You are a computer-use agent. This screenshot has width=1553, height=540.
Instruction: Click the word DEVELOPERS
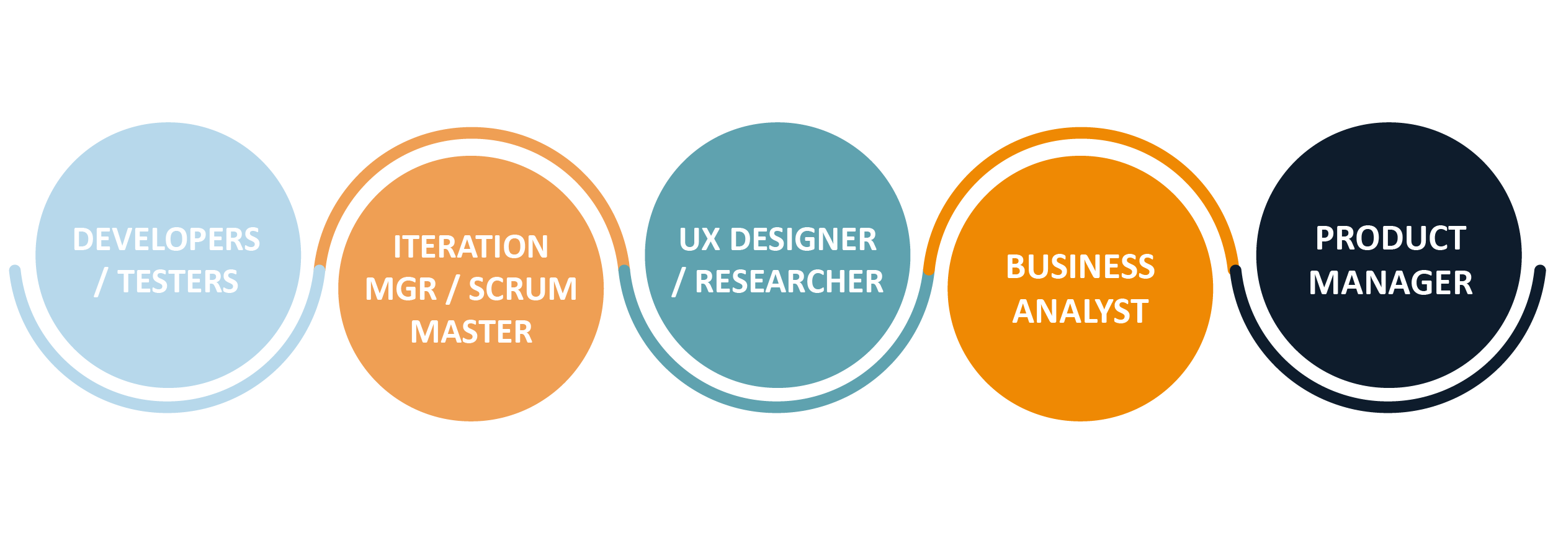[166, 240]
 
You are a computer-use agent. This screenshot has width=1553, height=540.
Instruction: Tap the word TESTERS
[178, 282]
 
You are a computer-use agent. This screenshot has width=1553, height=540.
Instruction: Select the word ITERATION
[471, 247]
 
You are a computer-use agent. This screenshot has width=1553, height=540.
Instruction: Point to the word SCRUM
[522, 289]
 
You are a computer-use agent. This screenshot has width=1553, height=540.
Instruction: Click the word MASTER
[472, 332]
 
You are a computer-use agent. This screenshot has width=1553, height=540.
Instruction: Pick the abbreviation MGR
[401, 289]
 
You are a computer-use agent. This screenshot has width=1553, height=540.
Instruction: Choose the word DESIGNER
[803, 240]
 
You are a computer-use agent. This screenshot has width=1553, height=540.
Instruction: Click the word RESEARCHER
[789, 282]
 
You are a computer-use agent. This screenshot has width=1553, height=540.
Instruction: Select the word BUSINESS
[1080, 267]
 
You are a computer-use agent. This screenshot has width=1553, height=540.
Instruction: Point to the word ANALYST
[1080, 311]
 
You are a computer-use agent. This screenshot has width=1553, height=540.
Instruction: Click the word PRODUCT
[1390, 238]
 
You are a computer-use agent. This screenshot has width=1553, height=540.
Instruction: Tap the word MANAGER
[1390, 283]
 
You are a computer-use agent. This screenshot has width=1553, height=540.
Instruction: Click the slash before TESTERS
[101, 282]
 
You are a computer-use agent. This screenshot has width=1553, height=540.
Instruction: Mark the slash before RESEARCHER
[678, 282]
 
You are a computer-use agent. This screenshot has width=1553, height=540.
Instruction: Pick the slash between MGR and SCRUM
[453, 290]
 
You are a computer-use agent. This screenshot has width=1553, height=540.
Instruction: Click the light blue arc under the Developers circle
[168, 407]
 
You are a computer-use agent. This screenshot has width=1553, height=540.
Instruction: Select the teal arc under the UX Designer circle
[777, 407]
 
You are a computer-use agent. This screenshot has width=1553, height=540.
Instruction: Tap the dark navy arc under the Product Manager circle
[1388, 407]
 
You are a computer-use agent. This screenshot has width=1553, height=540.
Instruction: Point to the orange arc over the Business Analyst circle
[1081, 133]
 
